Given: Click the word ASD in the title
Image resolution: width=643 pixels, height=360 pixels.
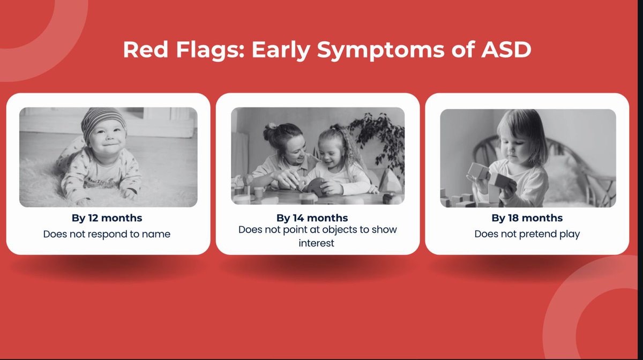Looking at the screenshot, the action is point(506,49).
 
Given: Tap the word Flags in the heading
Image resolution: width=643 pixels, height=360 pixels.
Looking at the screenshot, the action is point(210,50).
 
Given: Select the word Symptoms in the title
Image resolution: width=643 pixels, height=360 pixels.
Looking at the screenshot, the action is point(380,50).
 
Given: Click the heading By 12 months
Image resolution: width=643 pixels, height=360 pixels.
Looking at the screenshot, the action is point(107,218).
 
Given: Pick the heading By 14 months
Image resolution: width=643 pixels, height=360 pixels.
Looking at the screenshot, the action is point(312,218).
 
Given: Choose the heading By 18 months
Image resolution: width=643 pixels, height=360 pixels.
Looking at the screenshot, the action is point(527,218).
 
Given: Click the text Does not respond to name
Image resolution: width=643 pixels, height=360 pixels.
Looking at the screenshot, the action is point(107,234).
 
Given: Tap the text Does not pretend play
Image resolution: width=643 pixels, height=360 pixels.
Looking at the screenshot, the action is point(527,234).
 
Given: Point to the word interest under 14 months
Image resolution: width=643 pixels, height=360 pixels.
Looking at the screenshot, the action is point(316,243).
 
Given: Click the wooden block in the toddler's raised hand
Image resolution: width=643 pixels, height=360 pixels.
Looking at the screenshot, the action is point(478,171).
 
